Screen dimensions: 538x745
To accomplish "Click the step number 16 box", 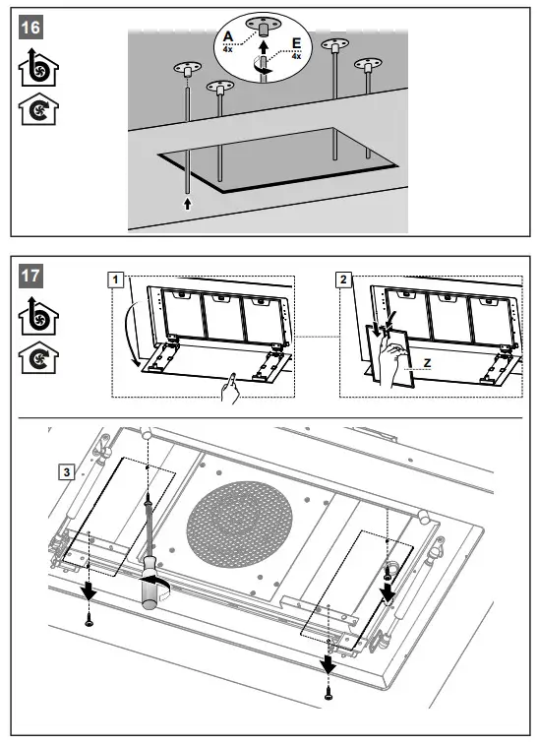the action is coord(30,28).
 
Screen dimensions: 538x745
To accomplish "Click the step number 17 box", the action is coord(30,276).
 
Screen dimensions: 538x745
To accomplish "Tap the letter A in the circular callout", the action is coord(228,36).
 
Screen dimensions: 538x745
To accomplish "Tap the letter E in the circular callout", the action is coord(296,43).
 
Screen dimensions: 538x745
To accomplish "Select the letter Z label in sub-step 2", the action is coord(427,363).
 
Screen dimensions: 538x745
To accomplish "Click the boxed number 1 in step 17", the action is coord(115,279).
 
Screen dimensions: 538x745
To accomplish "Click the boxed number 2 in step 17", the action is coord(344,279).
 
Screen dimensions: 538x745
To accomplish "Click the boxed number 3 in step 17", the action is coord(67,472).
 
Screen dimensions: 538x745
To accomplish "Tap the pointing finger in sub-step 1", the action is coord(230,389).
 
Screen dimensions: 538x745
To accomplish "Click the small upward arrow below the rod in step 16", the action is coord(188,204).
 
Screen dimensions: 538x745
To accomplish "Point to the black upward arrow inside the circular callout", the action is coord(264,46).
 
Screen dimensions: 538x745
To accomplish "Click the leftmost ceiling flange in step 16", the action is coord(187,68).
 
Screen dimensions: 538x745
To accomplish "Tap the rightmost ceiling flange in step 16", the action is coord(368,64).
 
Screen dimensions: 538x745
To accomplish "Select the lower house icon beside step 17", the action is coord(38,357).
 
